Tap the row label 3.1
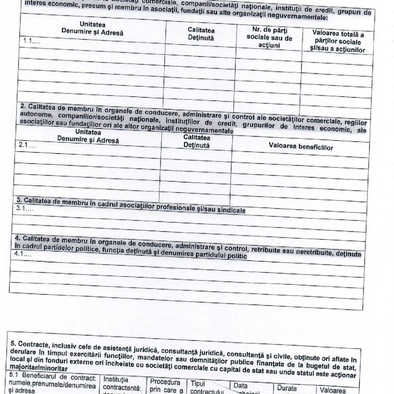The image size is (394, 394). coord(25,209)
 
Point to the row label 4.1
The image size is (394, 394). coord(22,255)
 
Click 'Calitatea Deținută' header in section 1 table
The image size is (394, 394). coord(201,34)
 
